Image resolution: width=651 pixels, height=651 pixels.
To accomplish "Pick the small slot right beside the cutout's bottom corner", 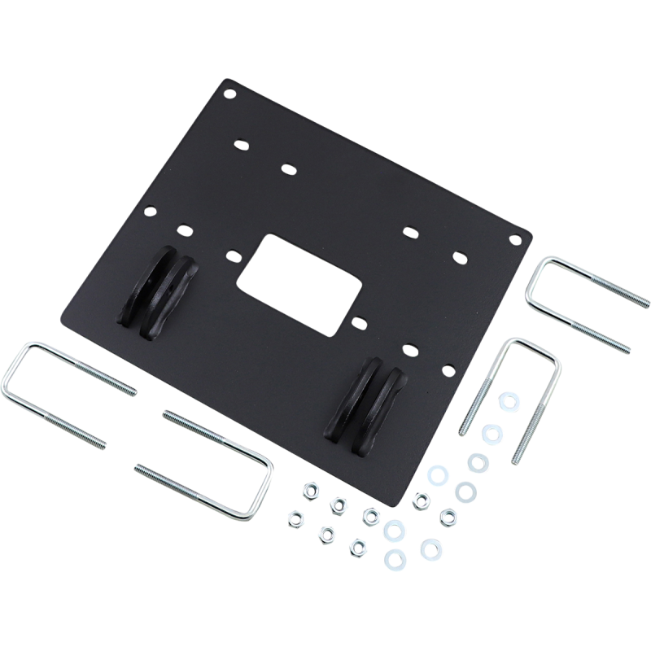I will pyautogui.click(x=356, y=321).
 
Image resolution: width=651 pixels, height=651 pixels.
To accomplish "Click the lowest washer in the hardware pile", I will pyautogui.click(x=395, y=558).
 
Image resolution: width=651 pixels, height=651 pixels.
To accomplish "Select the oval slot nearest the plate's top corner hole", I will pyautogui.click(x=241, y=145).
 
